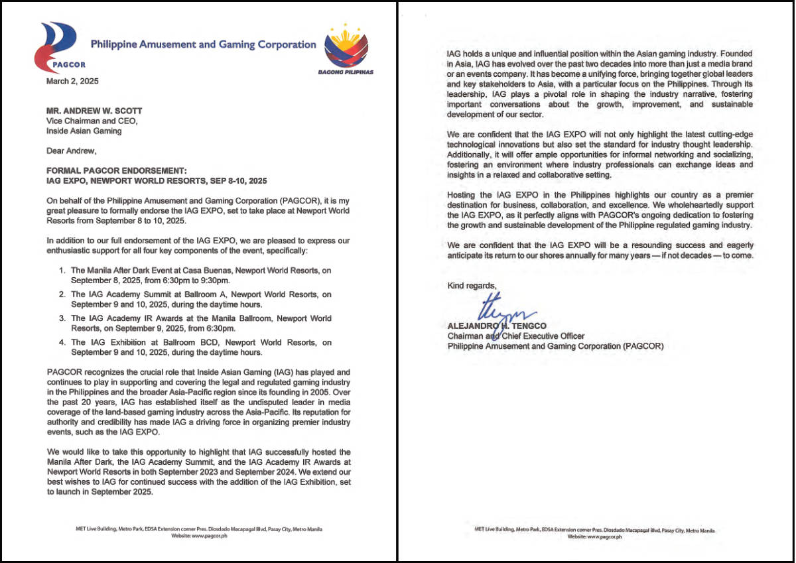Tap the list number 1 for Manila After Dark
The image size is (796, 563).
(62, 270)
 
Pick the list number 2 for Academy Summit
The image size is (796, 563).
(62, 294)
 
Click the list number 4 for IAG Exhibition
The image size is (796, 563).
(62, 343)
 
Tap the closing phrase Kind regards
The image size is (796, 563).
(471, 286)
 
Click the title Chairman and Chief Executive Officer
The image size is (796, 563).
(515, 336)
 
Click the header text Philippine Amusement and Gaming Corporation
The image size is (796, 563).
(203, 44)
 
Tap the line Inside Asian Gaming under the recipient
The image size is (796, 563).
(84, 131)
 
